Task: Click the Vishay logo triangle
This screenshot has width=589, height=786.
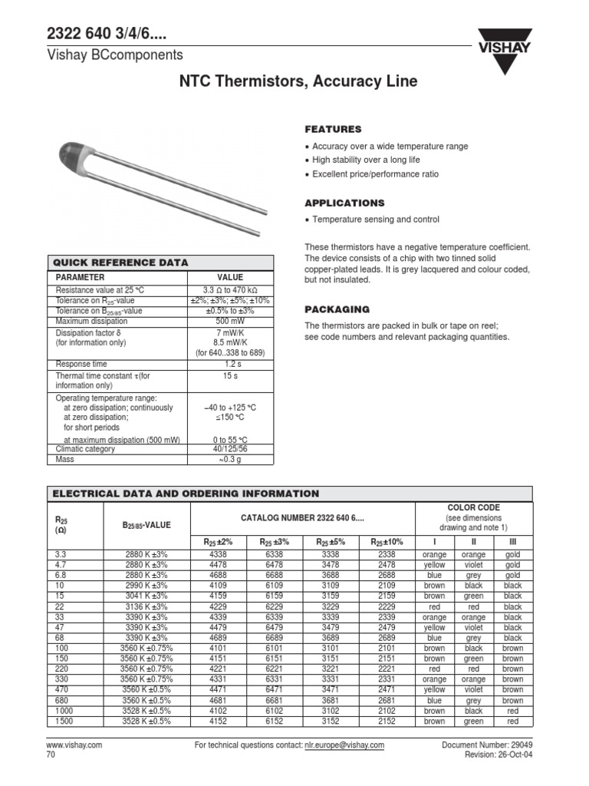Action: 504,57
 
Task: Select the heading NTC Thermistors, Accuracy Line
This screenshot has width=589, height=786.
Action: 298,81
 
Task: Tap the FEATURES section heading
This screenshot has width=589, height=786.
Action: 333,129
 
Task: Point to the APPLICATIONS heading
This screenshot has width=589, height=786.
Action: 344,203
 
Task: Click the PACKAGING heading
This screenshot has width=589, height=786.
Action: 337,309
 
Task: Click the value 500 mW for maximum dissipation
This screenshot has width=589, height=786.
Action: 230,322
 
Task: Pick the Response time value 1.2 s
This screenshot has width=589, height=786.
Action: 230,364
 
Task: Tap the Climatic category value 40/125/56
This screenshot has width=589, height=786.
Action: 230,449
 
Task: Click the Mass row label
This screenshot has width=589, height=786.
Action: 66,459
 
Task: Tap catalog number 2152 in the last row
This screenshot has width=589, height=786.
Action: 387,721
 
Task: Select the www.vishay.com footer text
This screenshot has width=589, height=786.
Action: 74,745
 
